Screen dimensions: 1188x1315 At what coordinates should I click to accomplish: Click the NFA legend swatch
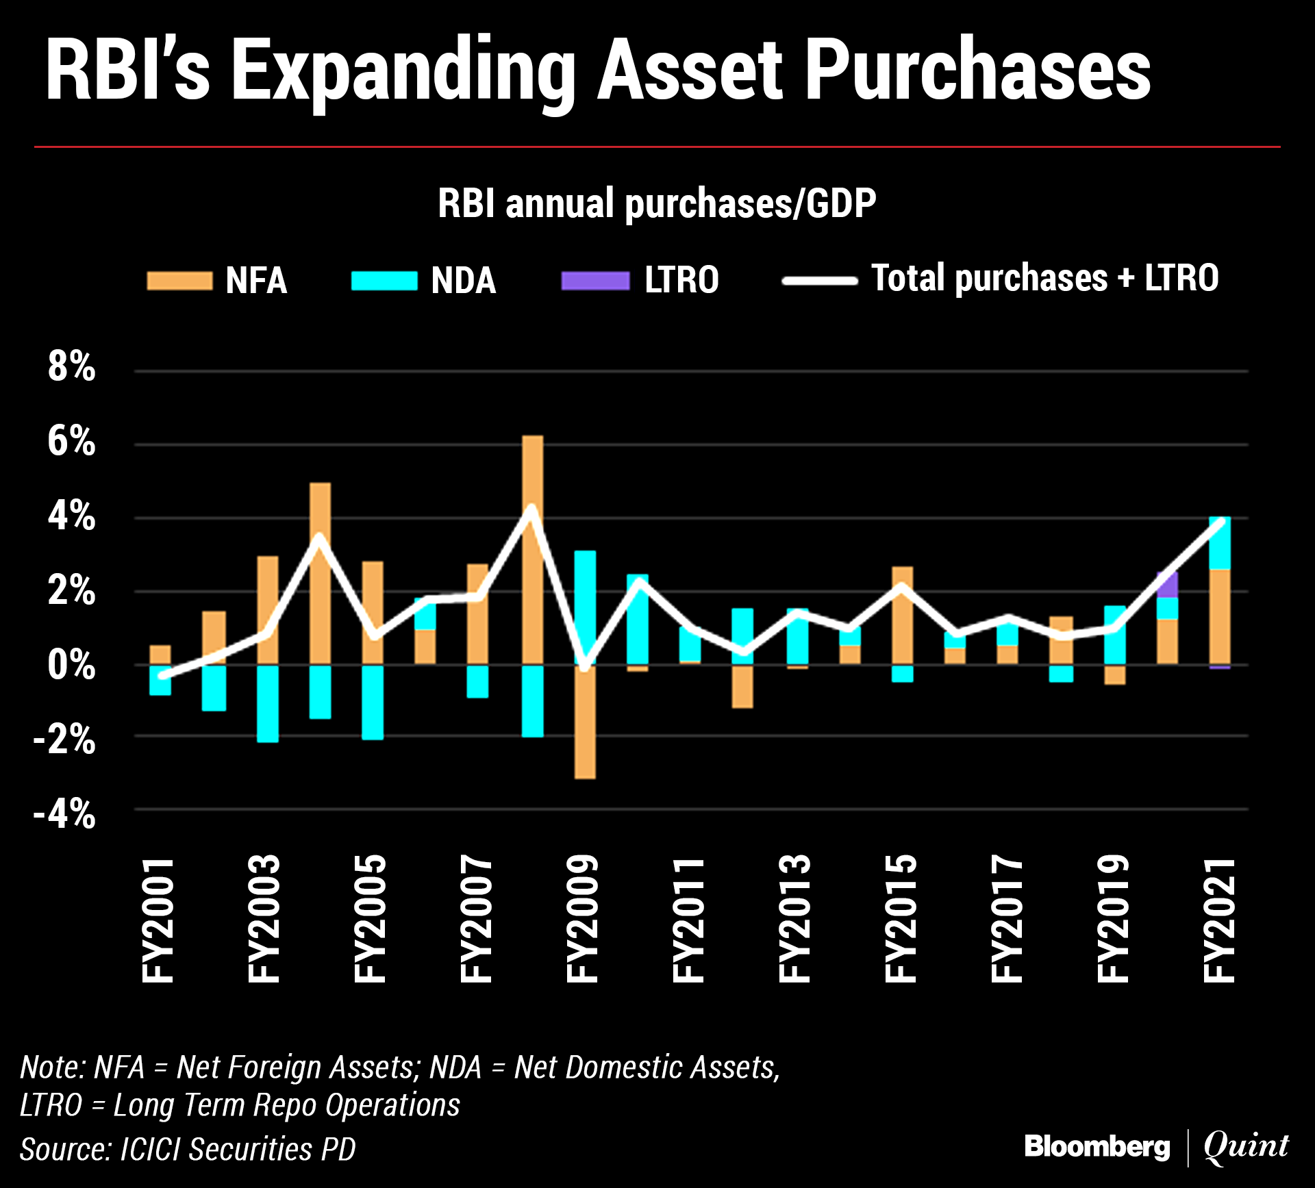(x=179, y=281)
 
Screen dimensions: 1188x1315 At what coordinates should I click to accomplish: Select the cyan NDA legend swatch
(x=384, y=281)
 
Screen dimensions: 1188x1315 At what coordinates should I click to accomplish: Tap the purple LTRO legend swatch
(x=595, y=281)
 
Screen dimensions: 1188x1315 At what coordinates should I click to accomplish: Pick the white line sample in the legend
(x=819, y=281)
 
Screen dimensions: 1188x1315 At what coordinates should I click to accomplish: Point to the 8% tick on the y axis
(x=71, y=367)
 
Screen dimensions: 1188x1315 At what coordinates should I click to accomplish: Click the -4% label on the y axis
(x=64, y=814)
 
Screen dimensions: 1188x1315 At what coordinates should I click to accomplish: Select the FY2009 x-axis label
(x=582, y=919)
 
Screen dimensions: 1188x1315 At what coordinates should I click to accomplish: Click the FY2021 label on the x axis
(x=1219, y=920)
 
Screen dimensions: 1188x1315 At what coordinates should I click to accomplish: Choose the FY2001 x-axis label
(x=158, y=920)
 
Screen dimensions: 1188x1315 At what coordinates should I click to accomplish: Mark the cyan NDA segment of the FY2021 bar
(x=1220, y=543)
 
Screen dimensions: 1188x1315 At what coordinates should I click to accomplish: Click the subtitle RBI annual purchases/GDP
(x=657, y=204)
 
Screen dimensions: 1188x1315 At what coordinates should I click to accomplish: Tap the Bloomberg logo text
(x=1097, y=1146)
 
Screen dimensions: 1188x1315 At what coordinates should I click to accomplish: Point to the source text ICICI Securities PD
(x=238, y=1150)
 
